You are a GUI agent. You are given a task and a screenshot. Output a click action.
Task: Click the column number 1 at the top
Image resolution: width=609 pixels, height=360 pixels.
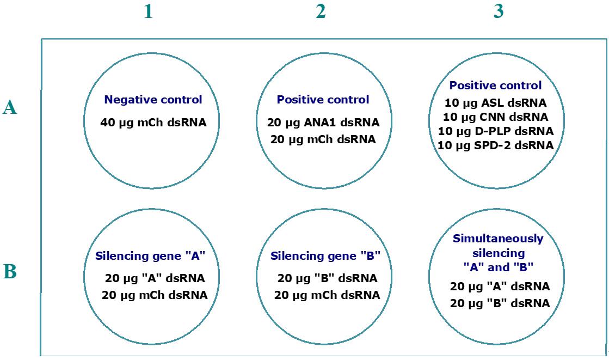148,11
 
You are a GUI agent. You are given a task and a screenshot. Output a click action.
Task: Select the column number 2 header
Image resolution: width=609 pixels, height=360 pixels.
321,11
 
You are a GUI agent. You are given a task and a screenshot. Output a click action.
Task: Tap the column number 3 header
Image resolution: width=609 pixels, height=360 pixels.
499,11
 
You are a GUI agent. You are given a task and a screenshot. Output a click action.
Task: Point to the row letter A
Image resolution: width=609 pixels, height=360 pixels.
10,107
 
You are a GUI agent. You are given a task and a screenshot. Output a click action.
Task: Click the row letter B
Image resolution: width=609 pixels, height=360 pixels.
10,272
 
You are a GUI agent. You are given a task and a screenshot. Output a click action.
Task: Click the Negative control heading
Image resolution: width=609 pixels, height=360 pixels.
153,100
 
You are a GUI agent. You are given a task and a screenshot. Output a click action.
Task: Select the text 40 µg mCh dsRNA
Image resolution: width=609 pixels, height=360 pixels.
153,123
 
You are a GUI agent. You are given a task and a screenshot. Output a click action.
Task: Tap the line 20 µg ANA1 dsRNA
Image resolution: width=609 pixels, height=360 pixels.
323,123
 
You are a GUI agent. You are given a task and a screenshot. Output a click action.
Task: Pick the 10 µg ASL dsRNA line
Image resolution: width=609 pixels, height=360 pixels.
496,103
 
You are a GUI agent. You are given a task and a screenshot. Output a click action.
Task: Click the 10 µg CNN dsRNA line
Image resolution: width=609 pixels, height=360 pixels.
496,117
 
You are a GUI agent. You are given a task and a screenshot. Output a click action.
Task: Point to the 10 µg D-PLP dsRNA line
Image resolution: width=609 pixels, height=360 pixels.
496,131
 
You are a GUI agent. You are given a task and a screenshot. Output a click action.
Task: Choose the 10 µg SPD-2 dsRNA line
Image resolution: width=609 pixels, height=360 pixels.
496,145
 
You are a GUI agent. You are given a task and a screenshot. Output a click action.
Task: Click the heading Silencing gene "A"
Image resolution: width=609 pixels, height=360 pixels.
150,256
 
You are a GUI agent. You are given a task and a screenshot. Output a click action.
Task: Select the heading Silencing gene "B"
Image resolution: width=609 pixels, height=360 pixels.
325,256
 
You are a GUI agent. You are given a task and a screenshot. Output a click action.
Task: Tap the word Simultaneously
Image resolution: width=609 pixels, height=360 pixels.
498,239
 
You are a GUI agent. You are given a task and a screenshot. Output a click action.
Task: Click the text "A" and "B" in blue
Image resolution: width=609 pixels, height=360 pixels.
499,267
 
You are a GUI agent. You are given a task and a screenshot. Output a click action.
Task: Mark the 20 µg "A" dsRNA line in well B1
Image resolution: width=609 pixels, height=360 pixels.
155,278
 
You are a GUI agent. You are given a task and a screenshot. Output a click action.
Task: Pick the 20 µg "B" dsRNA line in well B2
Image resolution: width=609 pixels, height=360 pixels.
327,278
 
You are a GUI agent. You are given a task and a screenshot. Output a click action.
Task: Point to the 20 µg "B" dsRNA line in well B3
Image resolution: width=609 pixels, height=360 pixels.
500,303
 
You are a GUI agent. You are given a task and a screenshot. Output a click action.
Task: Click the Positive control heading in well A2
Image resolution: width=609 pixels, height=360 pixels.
323,100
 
